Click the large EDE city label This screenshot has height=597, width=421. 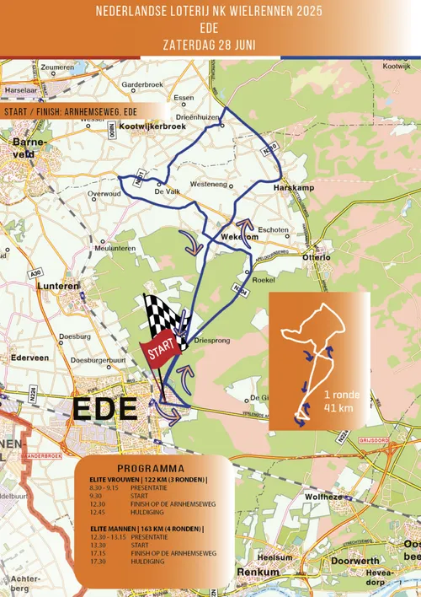105,409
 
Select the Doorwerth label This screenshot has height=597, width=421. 355,561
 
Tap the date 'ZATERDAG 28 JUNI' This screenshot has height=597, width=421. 210,43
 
